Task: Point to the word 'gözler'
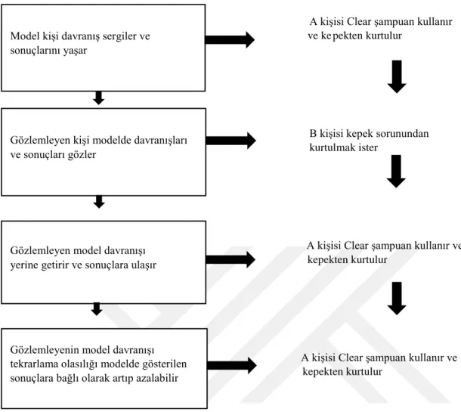coord(82,155)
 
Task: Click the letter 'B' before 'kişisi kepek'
coord(313,134)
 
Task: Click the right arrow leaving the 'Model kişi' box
coord(230,40)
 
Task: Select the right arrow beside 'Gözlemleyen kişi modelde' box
coord(230,141)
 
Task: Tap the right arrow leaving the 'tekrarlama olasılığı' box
coord(232,366)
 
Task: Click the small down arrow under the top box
coord(99,98)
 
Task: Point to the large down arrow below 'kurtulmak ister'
coord(396,172)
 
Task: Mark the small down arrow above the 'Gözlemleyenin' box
coord(97,309)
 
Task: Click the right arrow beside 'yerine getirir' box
coord(230,259)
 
